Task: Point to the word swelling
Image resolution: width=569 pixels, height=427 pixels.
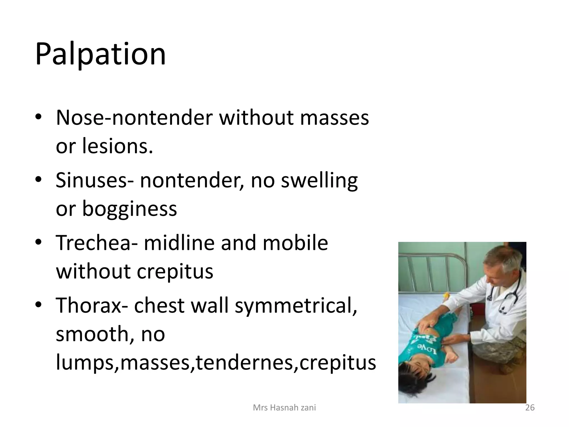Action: point(319,181)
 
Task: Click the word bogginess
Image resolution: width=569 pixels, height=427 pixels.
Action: point(129,209)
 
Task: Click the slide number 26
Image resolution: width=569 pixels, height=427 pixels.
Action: point(530,408)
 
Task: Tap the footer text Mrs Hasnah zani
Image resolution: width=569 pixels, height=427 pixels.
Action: point(284,408)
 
